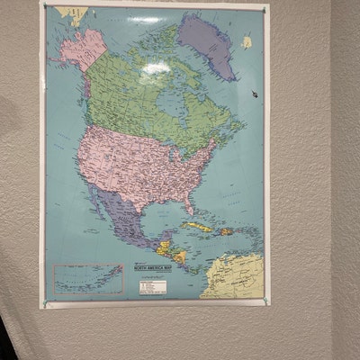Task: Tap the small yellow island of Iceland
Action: (247, 42)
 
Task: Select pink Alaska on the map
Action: (81, 49)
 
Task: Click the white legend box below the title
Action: (152, 287)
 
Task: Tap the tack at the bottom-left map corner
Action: (45, 303)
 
